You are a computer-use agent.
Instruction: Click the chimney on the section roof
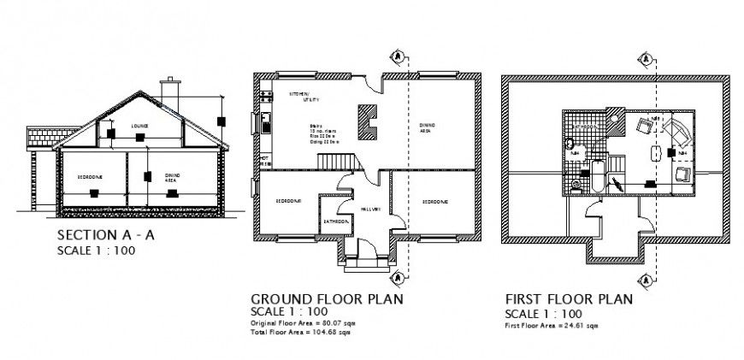click(x=169, y=91)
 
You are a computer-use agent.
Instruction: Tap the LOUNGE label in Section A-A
click(x=139, y=126)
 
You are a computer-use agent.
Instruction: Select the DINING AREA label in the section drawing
click(x=172, y=176)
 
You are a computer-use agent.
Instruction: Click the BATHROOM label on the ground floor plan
click(x=334, y=221)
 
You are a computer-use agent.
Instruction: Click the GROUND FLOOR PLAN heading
click(x=326, y=299)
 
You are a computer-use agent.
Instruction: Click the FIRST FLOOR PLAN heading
click(x=568, y=299)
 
